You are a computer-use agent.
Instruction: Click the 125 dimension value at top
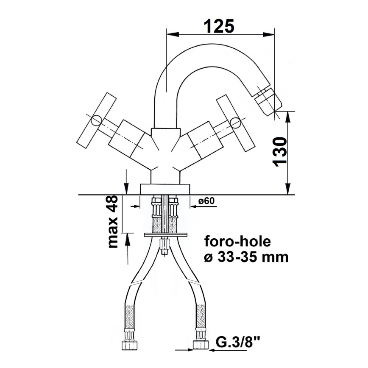click(x=219, y=26)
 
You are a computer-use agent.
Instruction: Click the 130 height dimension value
click(x=280, y=152)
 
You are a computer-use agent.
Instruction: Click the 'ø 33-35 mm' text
click(x=246, y=257)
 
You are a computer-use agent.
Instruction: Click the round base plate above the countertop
click(x=164, y=190)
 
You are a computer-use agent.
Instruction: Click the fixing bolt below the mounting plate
click(x=164, y=246)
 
